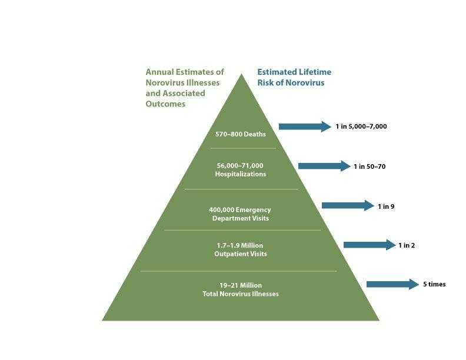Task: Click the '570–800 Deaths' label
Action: pyautogui.click(x=240, y=134)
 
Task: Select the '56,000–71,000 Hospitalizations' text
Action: pyautogui.click(x=240, y=170)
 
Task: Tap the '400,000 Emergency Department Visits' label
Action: pyautogui.click(x=240, y=214)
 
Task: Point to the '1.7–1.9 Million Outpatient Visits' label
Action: pyautogui.click(x=240, y=249)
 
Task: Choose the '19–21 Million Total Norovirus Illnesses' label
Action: pyautogui.click(x=240, y=289)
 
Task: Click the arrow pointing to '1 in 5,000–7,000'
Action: pyautogui.click(x=304, y=126)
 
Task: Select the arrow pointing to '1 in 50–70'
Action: pyautogui.click(x=324, y=166)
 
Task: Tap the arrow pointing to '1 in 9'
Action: pyautogui.click(x=347, y=205)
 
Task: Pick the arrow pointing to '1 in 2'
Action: pyautogui.click(x=369, y=245)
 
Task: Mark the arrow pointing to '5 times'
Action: pyautogui.click(x=392, y=284)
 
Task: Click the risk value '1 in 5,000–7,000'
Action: pyautogui.click(x=361, y=126)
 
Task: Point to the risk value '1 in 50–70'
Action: pyautogui.click(x=370, y=166)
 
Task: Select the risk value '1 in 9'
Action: pyautogui.click(x=386, y=206)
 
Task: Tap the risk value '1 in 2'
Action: pyautogui.click(x=407, y=245)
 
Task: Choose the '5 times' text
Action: pyautogui.click(x=434, y=285)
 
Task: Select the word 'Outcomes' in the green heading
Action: pyautogui.click(x=165, y=104)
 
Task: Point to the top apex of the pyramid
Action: pyautogui.click(x=241, y=75)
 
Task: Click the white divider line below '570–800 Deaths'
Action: pyautogui.click(x=240, y=148)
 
